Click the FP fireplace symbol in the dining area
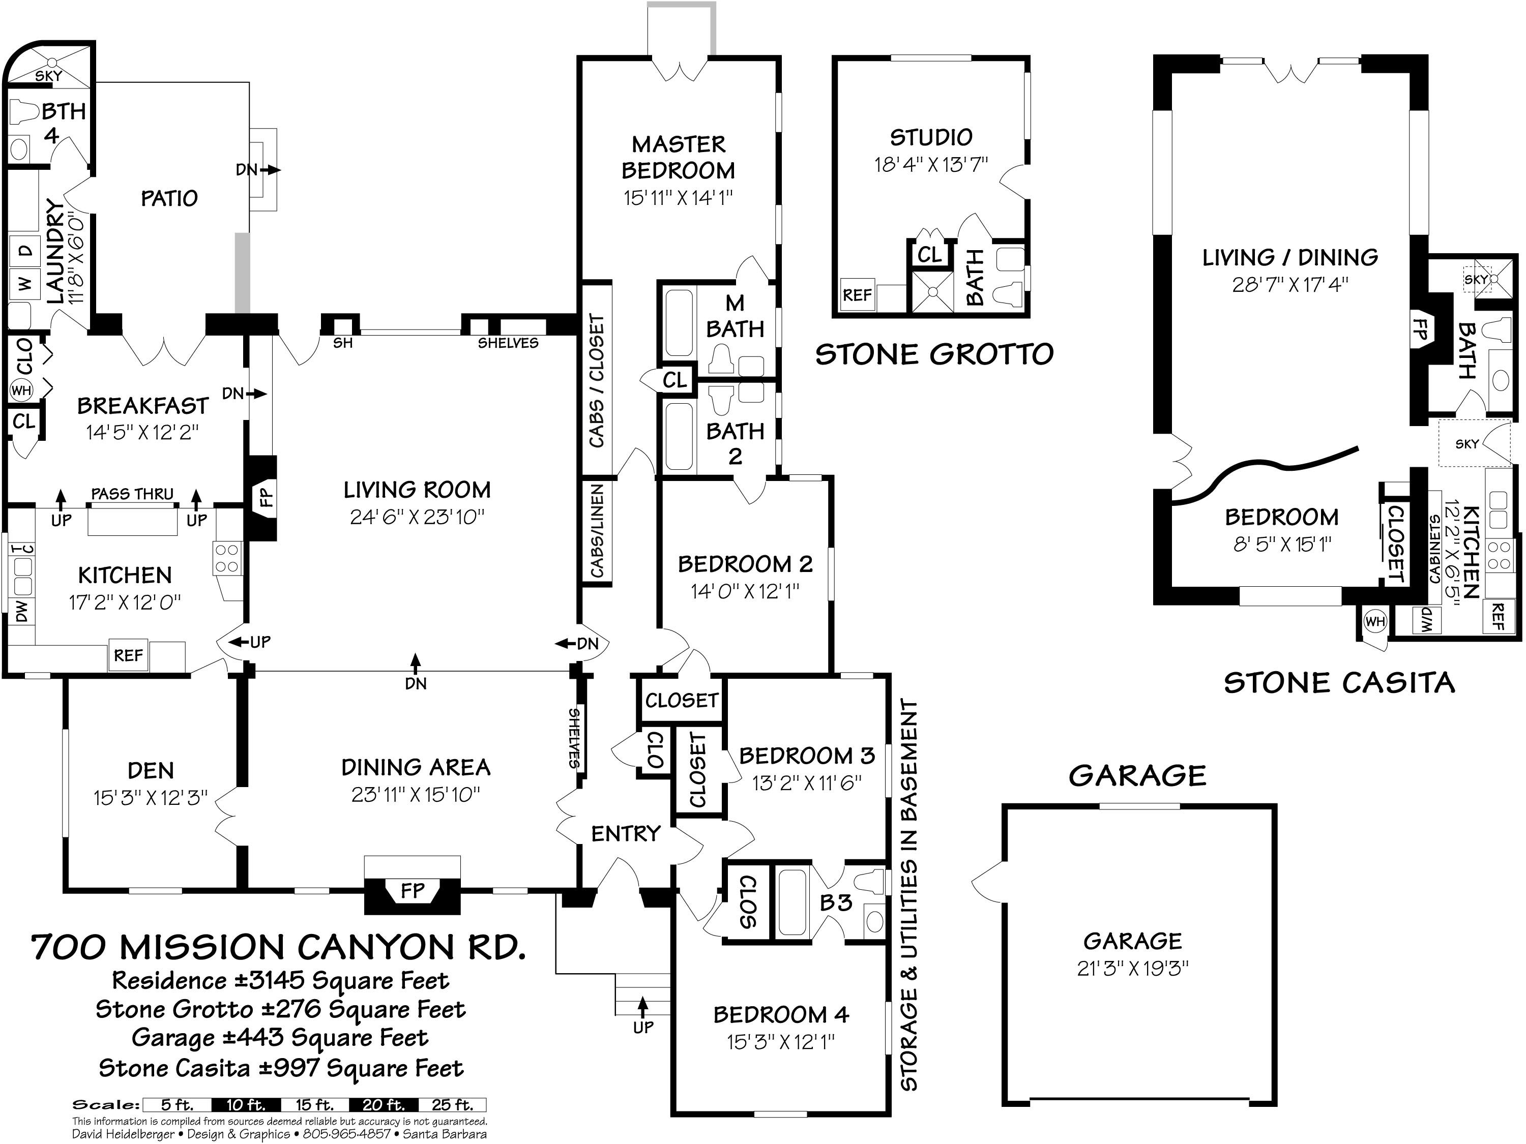(x=413, y=890)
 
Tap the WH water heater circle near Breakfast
(x=21, y=390)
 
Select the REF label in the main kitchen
(x=128, y=655)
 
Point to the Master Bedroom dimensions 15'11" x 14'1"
(x=678, y=198)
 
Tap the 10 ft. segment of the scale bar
(x=246, y=1105)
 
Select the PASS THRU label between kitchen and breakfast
(x=132, y=494)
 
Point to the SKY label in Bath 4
(x=48, y=76)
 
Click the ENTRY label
(x=626, y=834)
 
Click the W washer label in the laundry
(x=25, y=283)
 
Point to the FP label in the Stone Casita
(x=1421, y=328)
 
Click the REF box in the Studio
(x=857, y=295)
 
